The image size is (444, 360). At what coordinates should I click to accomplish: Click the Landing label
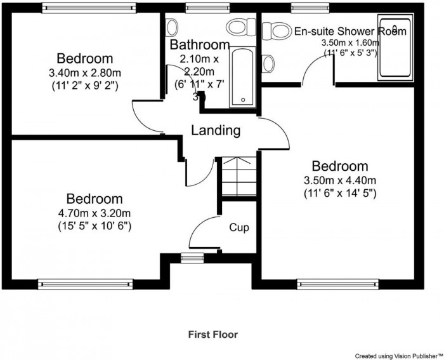[216, 130]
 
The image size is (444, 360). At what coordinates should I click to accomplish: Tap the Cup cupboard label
[239, 228]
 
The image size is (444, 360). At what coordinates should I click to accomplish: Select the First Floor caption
[213, 335]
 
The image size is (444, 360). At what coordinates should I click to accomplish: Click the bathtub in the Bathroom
[243, 77]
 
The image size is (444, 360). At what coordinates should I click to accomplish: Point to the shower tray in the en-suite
[396, 48]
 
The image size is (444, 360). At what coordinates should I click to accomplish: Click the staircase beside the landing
[238, 177]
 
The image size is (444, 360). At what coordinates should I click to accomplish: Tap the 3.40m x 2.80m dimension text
[84, 73]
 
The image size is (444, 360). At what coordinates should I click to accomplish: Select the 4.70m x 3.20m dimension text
[95, 213]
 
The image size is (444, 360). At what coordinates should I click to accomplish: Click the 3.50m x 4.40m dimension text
[340, 180]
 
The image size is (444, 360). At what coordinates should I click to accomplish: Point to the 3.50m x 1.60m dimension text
[350, 43]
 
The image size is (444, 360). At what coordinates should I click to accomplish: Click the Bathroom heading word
[200, 45]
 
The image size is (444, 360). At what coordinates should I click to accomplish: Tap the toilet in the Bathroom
[241, 27]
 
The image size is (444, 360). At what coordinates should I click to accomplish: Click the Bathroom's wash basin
[172, 27]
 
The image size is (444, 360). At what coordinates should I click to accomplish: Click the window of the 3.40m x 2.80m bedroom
[89, 8]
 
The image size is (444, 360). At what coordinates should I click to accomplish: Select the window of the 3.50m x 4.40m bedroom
[338, 284]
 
